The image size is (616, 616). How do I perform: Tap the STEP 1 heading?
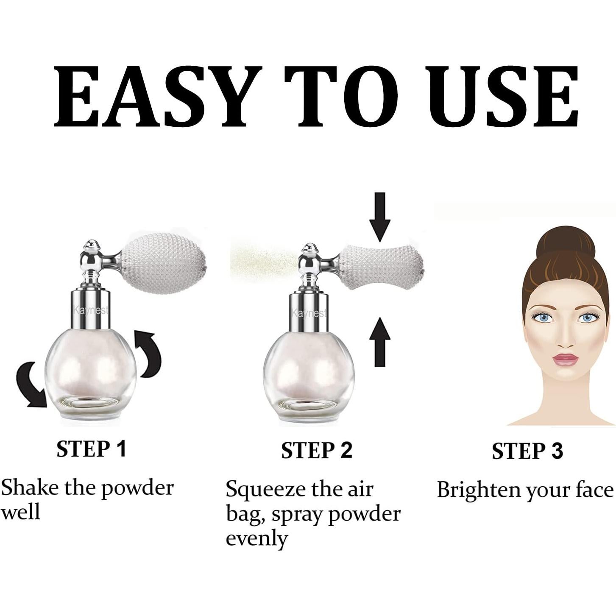pyautogui.click(x=92, y=449)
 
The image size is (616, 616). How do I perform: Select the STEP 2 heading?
pyautogui.click(x=316, y=450)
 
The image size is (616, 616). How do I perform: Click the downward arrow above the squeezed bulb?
pyautogui.click(x=379, y=216)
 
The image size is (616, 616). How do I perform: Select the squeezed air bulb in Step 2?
pyautogui.click(x=382, y=267)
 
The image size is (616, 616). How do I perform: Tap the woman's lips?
pyautogui.click(x=565, y=360)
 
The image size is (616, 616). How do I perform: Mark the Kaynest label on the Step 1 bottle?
pyautogui.click(x=91, y=310)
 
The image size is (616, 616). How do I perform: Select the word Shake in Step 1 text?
pyautogui.click(x=30, y=488)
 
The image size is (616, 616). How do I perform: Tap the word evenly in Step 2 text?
pyautogui.click(x=256, y=539)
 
